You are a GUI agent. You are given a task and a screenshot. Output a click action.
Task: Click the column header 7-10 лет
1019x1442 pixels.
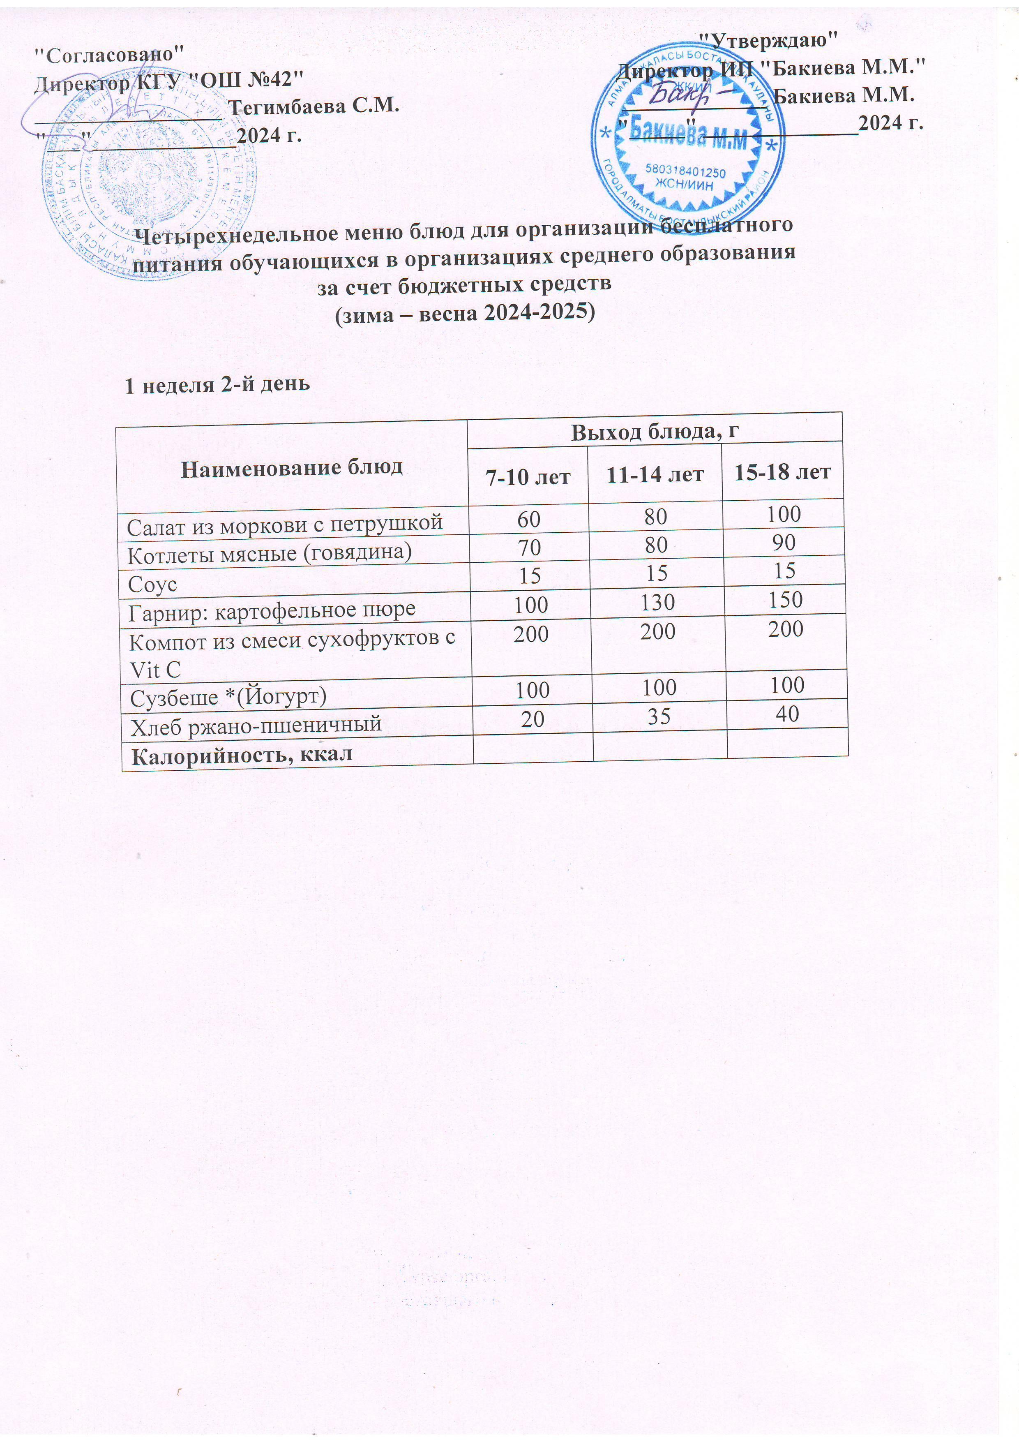click(x=529, y=476)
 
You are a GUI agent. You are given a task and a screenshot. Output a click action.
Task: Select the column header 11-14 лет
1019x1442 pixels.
click(x=655, y=474)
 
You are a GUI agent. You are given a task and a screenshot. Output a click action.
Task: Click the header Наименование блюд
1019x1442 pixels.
click(x=292, y=468)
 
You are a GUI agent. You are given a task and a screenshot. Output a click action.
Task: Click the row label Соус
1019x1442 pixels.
click(x=152, y=585)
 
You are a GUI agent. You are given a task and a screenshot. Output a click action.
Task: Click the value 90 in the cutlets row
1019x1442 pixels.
click(x=784, y=542)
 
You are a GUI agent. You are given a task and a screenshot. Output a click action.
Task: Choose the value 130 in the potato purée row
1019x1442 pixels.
click(x=657, y=602)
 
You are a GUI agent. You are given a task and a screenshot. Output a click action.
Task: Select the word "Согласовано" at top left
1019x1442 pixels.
click(x=109, y=55)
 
